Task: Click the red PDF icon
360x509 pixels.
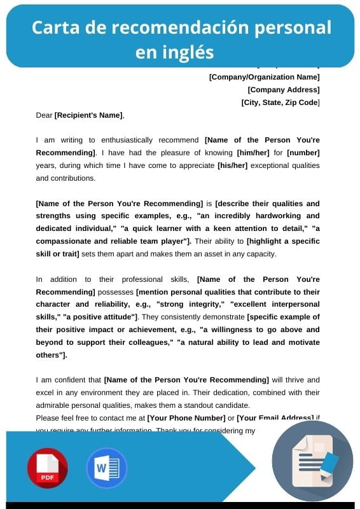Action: click(47, 468)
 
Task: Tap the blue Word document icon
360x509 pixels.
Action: click(106, 468)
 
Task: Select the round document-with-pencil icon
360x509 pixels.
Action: click(312, 461)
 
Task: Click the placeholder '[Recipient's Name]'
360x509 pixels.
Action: click(88, 115)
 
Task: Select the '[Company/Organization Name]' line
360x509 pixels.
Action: click(264, 77)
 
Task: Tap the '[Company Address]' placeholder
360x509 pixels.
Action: click(284, 90)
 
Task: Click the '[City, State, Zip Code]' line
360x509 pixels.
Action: click(280, 102)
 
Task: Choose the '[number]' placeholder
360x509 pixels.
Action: click(303, 153)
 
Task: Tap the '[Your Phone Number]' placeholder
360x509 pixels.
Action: click(186, 418)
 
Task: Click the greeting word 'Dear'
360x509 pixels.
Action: click(45, 115)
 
